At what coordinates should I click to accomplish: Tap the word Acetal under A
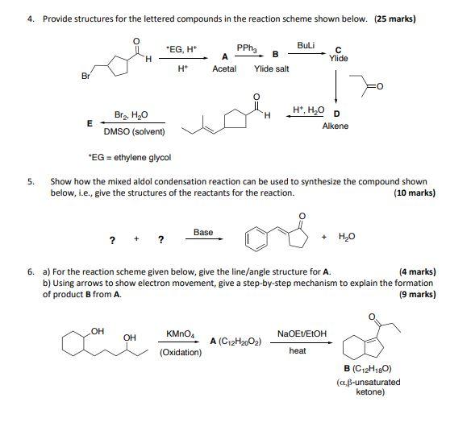pyautogui.click(x=224, y=70)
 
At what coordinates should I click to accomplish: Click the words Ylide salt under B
pyautogui.click(x=271, y=70)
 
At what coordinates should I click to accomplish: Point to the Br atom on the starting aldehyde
pyautogui.click(x=85, y=77)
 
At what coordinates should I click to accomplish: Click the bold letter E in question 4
pyautogui.click(x=90, y=122)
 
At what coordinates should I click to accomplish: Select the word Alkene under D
pyautogui.click(x=335, y=126)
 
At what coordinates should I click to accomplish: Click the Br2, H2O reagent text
pyautogui.click(x=131, y=116)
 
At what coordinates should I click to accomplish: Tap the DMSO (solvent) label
pyautogui.click(x=134, y=131)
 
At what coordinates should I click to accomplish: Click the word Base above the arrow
pyautogui.click(x=203, y=233)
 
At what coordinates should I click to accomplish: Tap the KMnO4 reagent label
pyautogui.click(x=180, y=333)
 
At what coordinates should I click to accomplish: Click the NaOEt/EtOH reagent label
pyautogui.click(x=302, y=333)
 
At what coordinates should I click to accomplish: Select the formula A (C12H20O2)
pyautogui.click(x=235, y=342)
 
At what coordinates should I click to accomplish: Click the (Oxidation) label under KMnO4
pyautogui.click(x=181, y=352)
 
